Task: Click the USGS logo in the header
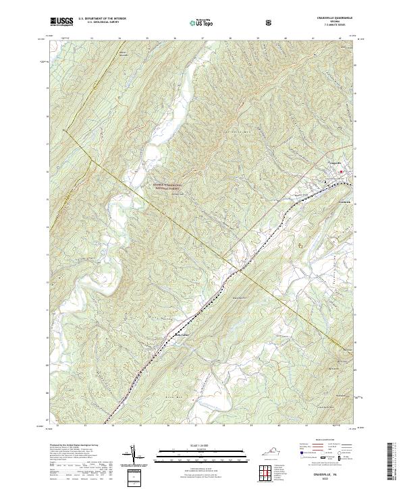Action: click(x=61, y=22)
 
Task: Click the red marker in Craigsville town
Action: click(x=341, y=172)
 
